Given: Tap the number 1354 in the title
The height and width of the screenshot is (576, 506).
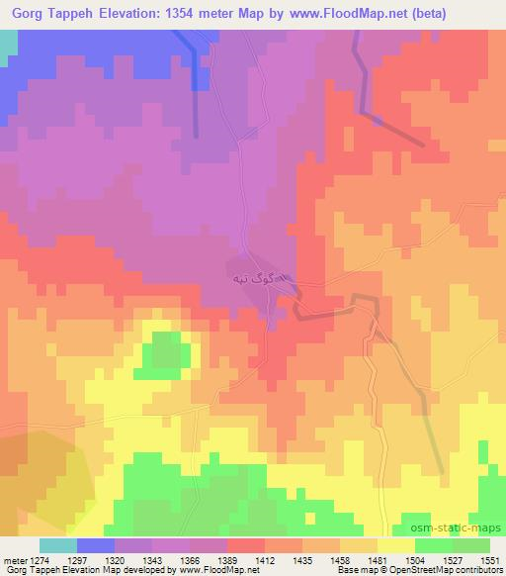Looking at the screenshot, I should click(x=183, y=14).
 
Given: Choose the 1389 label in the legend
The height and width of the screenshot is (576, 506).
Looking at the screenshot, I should click(x=228, y=560).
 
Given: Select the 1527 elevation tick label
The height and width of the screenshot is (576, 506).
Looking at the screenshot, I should click(x=454, y=560).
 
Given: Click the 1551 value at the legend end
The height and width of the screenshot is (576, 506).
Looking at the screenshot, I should click(x=489, y=560).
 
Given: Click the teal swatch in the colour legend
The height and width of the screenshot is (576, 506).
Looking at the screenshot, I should click(x=58, y=545).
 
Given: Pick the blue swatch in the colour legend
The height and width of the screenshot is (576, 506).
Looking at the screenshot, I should click(x=96, y=545).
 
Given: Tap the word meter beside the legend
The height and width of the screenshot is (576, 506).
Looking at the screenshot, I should click(x=13, y=560).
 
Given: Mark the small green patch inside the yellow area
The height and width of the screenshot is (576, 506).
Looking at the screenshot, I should click(x=165, y=354).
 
